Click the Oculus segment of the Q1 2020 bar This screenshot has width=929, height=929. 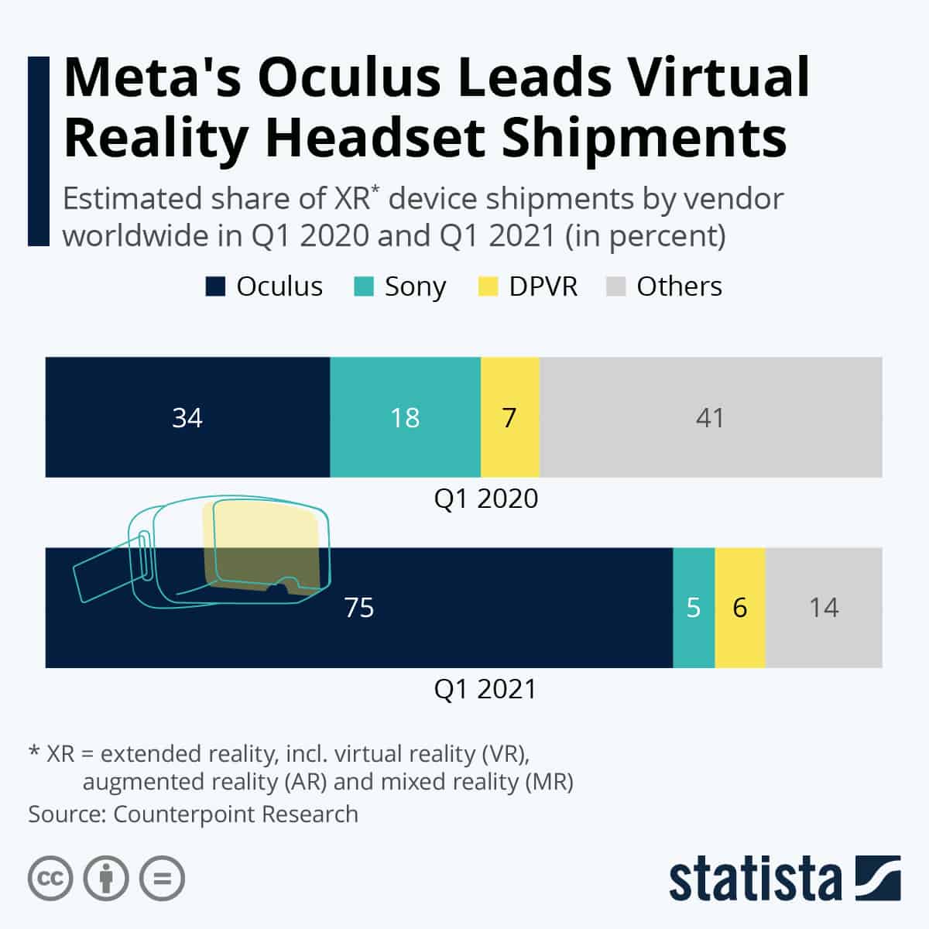187,417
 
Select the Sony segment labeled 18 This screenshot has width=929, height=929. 405,417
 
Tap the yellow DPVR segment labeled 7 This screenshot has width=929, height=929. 509,417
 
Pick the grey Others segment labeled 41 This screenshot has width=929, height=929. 710,417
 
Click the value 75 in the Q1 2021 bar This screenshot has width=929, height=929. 359,608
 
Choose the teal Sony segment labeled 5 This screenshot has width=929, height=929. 694,608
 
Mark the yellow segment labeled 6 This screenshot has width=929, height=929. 740,608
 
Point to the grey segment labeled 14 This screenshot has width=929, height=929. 824,608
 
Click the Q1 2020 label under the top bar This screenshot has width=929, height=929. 485,499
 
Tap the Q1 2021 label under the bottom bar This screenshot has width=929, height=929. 485,689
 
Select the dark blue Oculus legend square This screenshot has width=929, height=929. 215,286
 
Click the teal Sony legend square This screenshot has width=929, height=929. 364,286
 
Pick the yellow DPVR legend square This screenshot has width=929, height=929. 488,286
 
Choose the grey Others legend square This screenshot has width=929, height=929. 615,286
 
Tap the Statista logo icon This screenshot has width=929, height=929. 878,879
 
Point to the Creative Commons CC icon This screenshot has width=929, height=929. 50,879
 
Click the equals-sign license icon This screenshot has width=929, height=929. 162,879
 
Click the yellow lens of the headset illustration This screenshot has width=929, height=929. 263,542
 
